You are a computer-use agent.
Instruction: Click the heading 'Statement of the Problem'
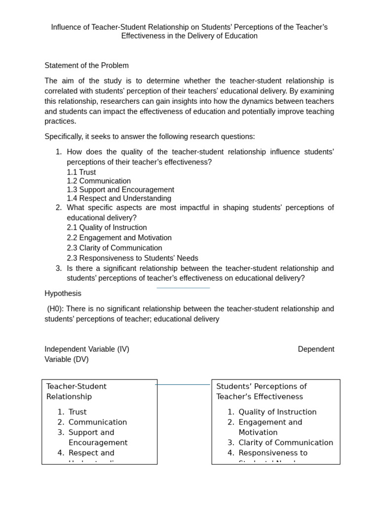86,66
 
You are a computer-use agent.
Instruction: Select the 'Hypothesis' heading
63,294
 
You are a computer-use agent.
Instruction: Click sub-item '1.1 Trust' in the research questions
81,172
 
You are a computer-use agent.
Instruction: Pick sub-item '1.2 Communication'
99,181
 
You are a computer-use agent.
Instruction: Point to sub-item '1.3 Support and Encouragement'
120,190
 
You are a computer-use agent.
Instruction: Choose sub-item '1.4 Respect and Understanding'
119,199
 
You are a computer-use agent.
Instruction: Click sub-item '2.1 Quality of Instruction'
107,228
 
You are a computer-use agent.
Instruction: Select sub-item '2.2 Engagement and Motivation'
119,238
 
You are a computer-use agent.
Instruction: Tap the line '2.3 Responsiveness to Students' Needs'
132,258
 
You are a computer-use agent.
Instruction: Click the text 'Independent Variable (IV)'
87,349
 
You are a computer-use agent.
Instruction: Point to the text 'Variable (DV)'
67,360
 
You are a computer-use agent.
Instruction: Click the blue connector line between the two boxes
183,384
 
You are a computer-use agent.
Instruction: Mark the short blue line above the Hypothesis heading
183,288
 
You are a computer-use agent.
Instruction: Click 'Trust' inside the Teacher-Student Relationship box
77,412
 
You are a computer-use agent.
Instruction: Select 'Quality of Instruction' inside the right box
277,412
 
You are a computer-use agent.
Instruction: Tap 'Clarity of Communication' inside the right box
286,443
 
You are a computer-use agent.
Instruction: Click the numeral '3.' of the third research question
59,268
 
